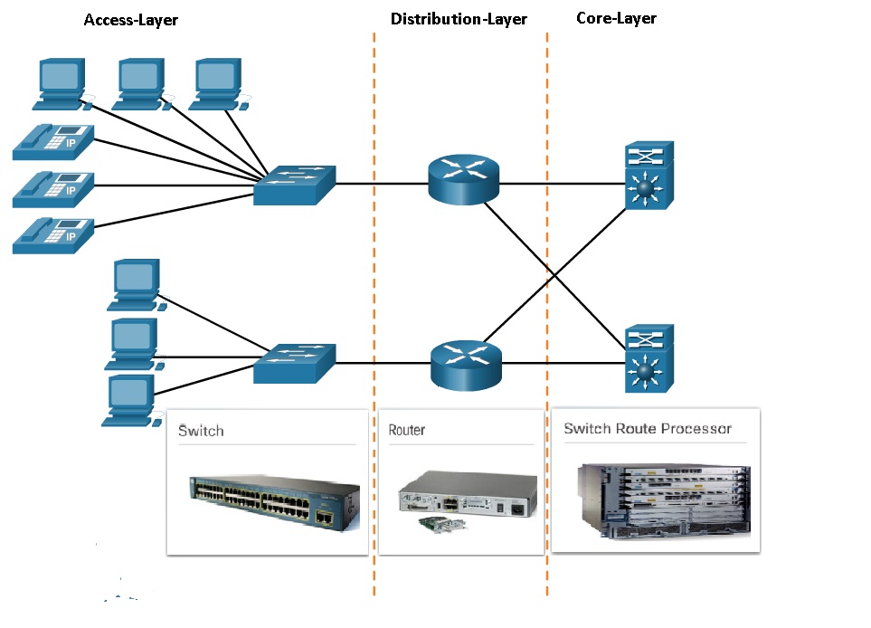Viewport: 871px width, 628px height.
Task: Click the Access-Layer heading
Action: click(x=131, y=20)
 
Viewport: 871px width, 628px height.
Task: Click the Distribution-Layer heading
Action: click(x=459, y=19)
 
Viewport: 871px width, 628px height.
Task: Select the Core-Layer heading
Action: click(x=616, y=18)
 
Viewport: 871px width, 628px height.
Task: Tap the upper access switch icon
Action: click(x=295, y=185)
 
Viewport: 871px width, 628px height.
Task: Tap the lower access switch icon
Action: click(x=295, y=363)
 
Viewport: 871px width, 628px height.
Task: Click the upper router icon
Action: click(x=463, y=179)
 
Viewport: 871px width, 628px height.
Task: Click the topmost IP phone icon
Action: click(x=53, y=138)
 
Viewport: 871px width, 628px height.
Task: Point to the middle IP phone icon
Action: click(x=53, y=186)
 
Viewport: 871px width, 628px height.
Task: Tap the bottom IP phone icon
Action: click(x=53, y=234)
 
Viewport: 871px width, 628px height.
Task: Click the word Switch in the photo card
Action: click(x=201, y=431)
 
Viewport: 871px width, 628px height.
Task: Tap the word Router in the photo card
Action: click(x=407, y=431)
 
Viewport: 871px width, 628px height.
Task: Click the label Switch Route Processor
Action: click(x=648, y=428)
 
